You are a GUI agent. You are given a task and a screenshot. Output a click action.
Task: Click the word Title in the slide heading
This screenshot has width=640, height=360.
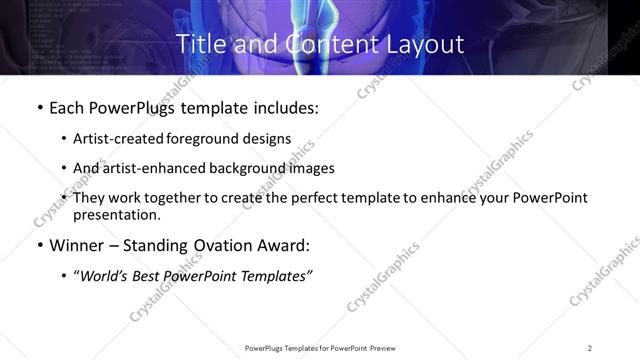click(199, 45)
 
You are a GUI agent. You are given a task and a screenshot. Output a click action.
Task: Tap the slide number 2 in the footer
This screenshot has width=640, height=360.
click(589, 348)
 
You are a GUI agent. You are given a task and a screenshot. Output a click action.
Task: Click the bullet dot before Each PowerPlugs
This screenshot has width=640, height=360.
click(38, 107)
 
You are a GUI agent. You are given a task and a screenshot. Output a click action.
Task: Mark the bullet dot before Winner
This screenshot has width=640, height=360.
click(38, 245)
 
